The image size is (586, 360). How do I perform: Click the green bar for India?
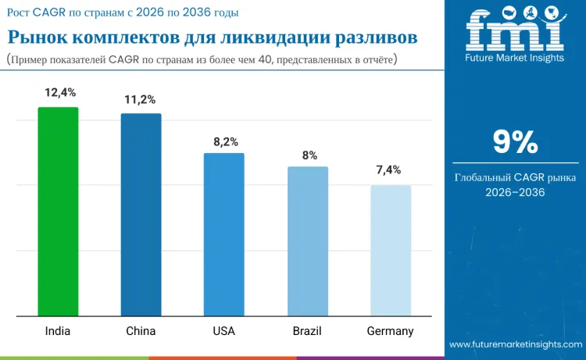click(x=58, y=212)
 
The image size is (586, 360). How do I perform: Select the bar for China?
click(x=141, y=215)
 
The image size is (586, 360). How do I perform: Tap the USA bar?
click(x=223, y=234)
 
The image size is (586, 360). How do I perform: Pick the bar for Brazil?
click(x=307, y=241)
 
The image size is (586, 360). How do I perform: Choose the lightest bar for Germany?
click(x=390, y=251)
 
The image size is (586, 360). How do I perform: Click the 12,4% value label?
click(x=59, y=92)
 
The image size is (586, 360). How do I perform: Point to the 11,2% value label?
click(x=140, y=99)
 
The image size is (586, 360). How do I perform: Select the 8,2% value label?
click(x=225, y=141)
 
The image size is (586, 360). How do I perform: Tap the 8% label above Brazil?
click(x=309, y=155)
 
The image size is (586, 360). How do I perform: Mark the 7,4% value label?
click(x=389, y=169)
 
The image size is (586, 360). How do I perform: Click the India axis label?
click(x=57, y=331)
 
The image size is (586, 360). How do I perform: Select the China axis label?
click(x=141, y=331)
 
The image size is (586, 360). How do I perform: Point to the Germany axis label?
click(x=390, y=331)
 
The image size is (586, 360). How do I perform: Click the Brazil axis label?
click(x=307, y=331)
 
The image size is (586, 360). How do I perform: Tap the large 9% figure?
click(x=515, y=142)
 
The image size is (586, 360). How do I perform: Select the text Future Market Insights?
click(x=514, y=59)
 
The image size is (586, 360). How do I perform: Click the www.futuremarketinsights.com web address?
click(x=515, y=344)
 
